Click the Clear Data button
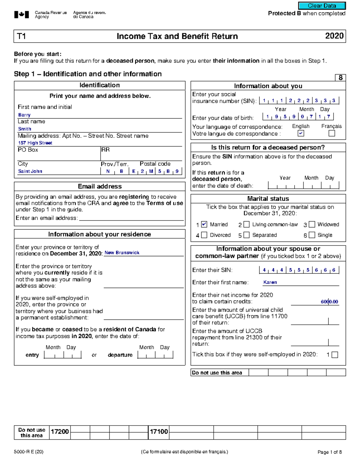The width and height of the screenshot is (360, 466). (x=322, y=6)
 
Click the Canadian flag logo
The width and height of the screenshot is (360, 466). (x=22, y=15)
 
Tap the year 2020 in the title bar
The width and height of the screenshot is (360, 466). (x=334, y=36)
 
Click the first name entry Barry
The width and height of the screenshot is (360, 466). (x=24, y=115)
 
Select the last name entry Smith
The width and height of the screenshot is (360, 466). (x=25, y=129)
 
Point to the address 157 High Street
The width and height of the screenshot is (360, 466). (x=35, y=143)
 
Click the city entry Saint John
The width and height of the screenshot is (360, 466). (x=30, y=171)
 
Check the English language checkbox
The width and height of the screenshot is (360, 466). (x=301, y=134)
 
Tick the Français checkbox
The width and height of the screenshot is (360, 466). (x=332, y=134)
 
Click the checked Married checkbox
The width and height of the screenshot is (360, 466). (x=204, y=224)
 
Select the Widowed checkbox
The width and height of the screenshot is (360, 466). (x=312, y=224)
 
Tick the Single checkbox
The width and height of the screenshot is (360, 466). (x=312, y=235)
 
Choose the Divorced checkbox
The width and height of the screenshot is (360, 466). (x=204, y=235)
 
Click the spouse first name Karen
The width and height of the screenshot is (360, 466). (x=270, y=282)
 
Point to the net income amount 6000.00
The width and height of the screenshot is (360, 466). (x=329, y=302)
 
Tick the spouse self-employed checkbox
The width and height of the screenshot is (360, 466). (x=335, y=355)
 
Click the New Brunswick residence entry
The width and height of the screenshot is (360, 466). (x=122, y=253)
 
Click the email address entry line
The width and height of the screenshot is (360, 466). (x=131, y=218)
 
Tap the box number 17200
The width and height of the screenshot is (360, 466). (x=60, y=432)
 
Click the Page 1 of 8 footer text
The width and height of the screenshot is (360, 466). (x=329, y=452)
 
